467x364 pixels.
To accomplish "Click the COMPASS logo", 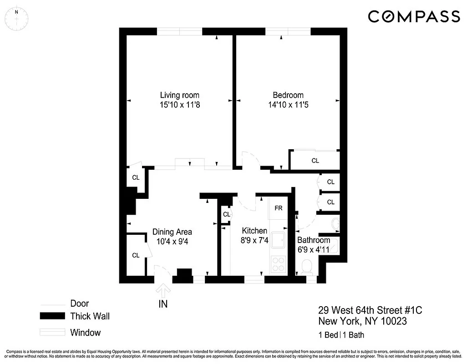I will pyautogui.click(x=414, y=17).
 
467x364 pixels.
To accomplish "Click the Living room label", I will pyautogui.click(x=179, y=95).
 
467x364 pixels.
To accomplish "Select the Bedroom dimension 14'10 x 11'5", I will pyautogui.click(x=288, y=105).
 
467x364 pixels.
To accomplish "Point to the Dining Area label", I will pyautogui.click(x=172, y=231).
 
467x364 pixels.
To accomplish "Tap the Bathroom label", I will pyautogui.click(x=314, y=240).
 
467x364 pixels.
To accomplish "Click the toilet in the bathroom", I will pyautogui.click(x=306, y=267).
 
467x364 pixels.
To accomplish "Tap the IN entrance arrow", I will pyautogui.click(x=162, y=291).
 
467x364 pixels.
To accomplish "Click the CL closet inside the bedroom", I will pyautogui.click(x=315, y=161).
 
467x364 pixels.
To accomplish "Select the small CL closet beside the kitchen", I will pyautogui.click(x=226, y=214).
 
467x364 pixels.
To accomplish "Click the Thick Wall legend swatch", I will pyautogui.click(x=52, y=316).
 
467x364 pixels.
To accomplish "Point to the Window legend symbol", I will pyautogui.click(x=52, y=333).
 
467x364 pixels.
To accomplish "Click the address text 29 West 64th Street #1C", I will pyautogui.click(x=370, y=311).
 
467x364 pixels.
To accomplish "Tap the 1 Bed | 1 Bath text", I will pyautogui.click(x=341, y=335).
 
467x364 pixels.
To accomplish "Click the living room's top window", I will pyautogui.click(x=180, y=31).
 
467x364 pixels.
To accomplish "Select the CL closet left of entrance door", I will pyautogui.click(x=136, y=255).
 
